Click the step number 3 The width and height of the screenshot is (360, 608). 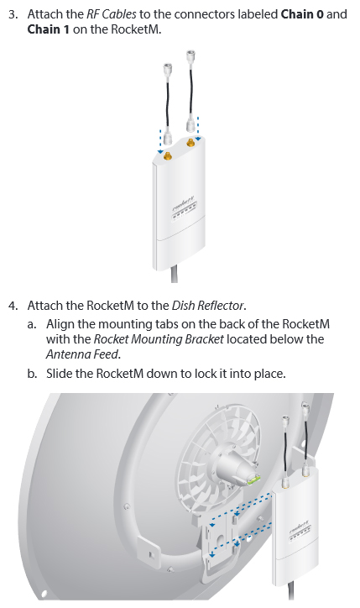pyautogui.click(x=13, y=15)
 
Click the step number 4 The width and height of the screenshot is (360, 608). pyautogui.click(x=13, y=306)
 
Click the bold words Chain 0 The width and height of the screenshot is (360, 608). pyautogui.click(x=302, y=14)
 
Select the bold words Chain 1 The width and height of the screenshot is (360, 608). pyautogui.click(x=49, y=29)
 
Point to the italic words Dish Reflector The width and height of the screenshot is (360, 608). pyautogui.click(x=208, y=306)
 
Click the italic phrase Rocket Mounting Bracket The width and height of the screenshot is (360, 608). pyautogui.click(x=159, y=339)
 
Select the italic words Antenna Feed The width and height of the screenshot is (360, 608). pyautogui.click(x=82, y=354)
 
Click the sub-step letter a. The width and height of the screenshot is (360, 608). pyautogui.click(x=32, y=324)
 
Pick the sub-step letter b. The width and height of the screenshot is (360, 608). pyautogui.click(x=32, y=374)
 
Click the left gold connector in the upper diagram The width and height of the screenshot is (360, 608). pyautogui.click(x=168, y=157)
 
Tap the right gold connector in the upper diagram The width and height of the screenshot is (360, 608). pyautogui.click(x=190, y=143)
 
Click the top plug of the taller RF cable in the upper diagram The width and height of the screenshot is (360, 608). pyautogui.click(x=190, y=56)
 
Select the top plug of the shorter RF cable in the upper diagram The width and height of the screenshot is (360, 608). pyautogui.click(x=168, y=71)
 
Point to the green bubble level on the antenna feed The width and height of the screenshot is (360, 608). pyautogui.click(x=253, y=481)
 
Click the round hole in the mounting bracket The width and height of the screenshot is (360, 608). pyautogui.click(x=220, y=540)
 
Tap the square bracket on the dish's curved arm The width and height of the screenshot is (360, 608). pyautogui.click(x=151, y=553)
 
